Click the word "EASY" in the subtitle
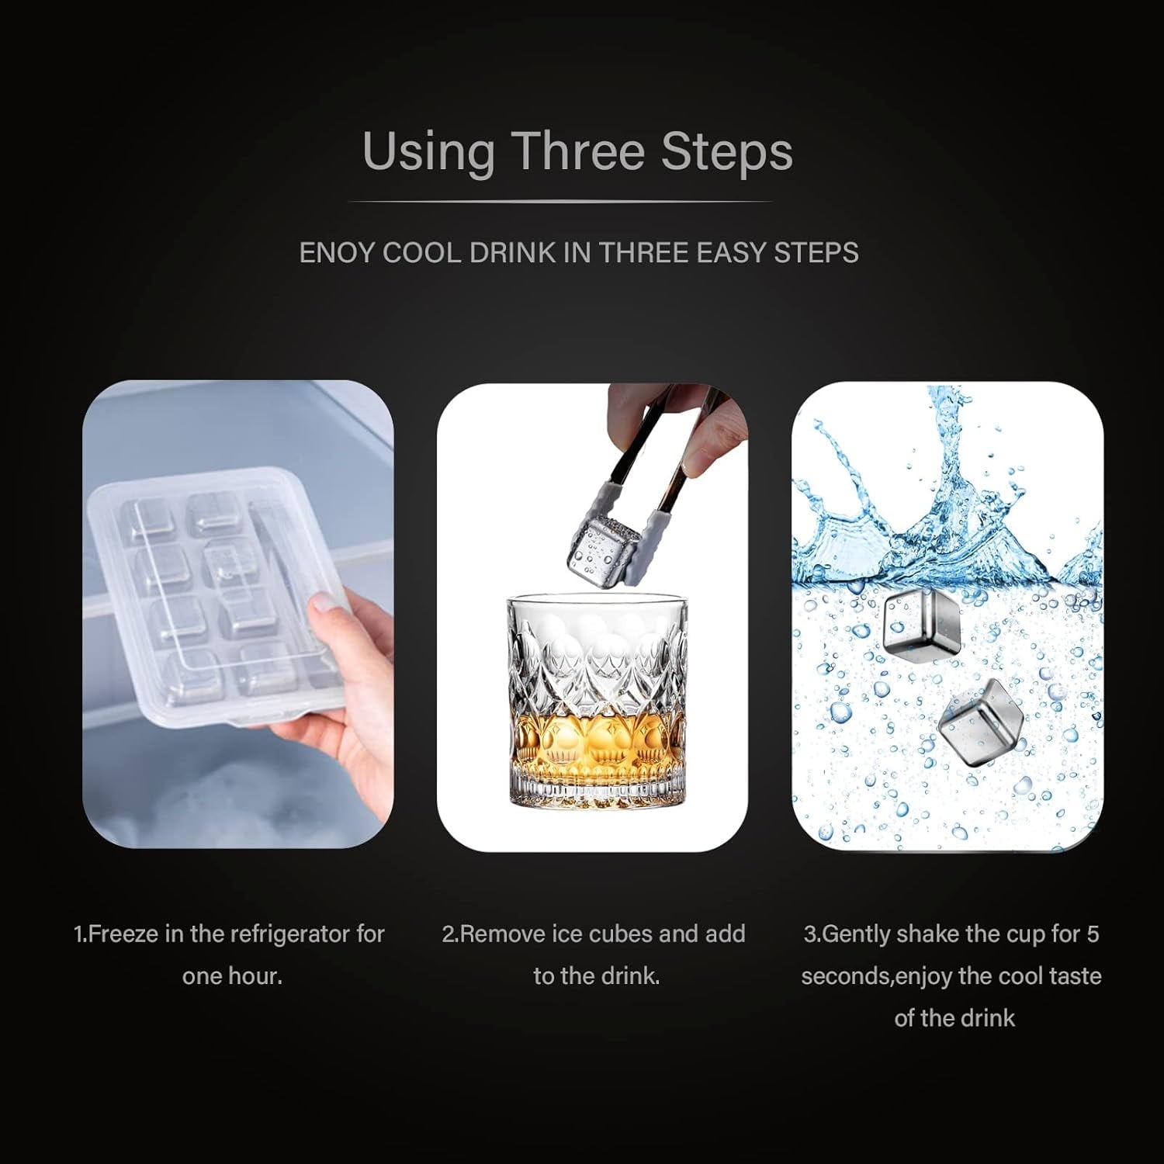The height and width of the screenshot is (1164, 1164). (x=731, y=253)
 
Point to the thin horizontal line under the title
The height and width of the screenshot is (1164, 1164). (x=560, y=202)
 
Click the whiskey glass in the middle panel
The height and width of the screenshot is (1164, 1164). (x=597, y=702)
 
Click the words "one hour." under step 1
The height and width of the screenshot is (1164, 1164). (x=232, y=975)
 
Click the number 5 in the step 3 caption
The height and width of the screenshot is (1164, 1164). (x=1092, y=934)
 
